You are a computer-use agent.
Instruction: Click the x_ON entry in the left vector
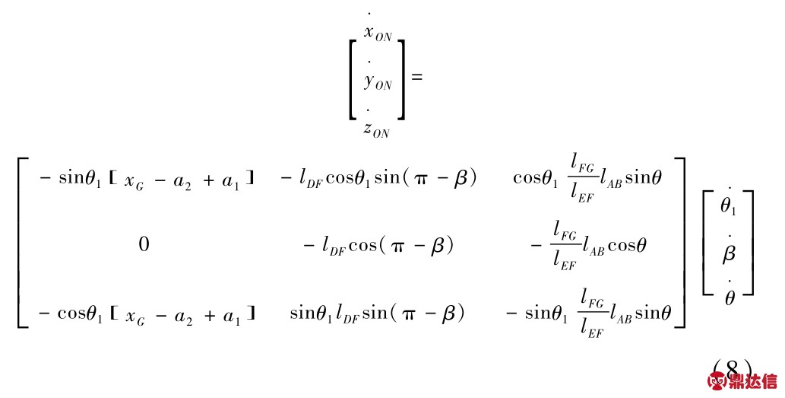(x=378, y=30)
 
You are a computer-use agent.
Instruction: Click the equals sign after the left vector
(x=416, y=77)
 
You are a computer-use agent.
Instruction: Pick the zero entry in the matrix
(x=144, y=244)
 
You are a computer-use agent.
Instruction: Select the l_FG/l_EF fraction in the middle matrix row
(x=565, y=246)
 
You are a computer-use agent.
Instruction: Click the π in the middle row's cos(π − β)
(x=398, y=247)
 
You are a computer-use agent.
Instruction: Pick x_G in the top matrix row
(x=134, y=181)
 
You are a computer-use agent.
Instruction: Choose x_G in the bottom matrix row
(x=135, y=317)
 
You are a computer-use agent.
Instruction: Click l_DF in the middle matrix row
(x=334, y=246)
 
